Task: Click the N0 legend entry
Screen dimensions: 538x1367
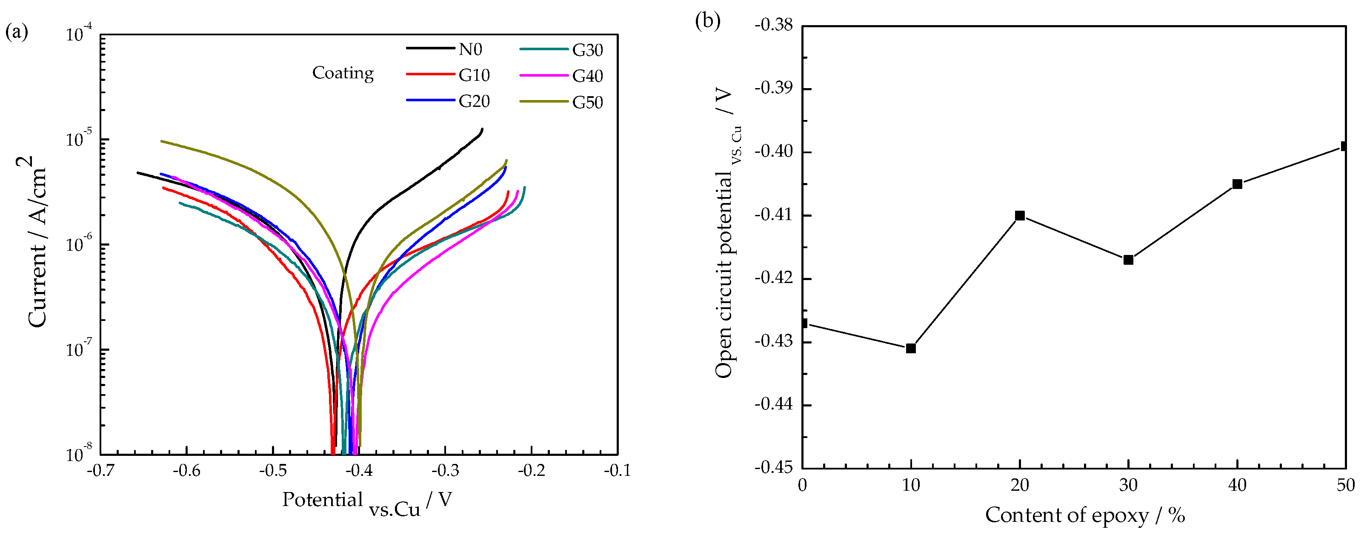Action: pos(470,49)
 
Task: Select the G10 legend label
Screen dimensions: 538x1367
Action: pos(473,75)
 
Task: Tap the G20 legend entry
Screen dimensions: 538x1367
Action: pos(473,101)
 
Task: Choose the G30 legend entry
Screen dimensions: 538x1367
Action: pos(587,50)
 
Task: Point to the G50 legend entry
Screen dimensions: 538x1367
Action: pos(587,103)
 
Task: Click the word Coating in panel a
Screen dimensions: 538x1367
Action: pos(343,73)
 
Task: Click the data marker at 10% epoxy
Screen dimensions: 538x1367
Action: pos(911,348)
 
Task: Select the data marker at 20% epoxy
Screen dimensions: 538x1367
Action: pos(1019,215)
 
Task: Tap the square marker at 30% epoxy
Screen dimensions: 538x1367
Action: pos(1128,260)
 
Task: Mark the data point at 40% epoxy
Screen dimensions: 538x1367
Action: pos(1237,184)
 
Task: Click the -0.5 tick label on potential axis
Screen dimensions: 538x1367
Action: pos(273,471)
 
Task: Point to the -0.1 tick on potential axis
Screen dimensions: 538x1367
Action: pos(617,471)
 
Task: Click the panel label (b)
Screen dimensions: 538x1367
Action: pos(707,21)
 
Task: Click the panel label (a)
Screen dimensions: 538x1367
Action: pos(17,32)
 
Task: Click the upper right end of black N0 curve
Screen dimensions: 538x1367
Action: pos(482,129)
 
